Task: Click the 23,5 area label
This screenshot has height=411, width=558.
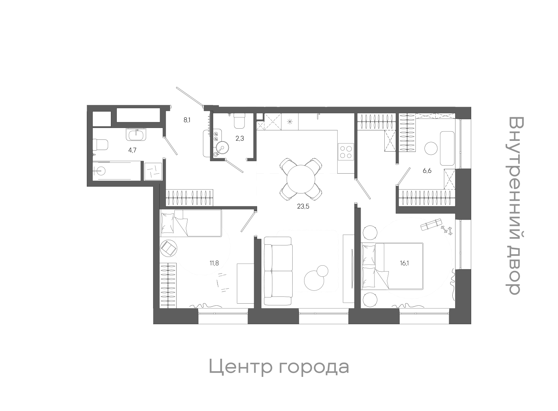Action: click(303, 206)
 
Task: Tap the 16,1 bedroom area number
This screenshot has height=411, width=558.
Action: click(405, 263)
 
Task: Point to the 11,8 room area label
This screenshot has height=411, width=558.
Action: click(214, 263)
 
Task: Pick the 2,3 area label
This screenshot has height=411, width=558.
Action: click(240, 138)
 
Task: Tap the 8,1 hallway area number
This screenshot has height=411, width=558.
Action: click(187, 120)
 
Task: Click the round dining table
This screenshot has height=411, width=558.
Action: click(301, 179)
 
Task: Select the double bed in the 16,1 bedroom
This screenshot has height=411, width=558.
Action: click(393, 266)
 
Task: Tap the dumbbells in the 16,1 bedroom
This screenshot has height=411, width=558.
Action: click(446, 230)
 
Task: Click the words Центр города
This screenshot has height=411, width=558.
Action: click(279, 367)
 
